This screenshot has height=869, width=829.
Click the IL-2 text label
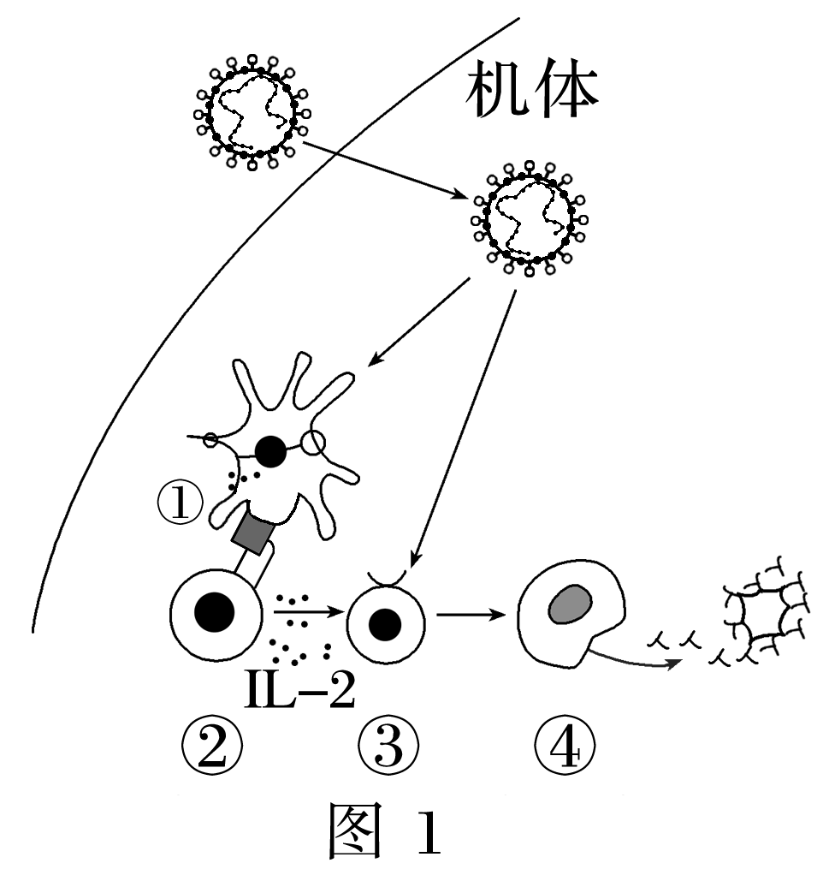click(299, 692)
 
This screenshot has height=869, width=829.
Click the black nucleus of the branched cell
click(271, 451)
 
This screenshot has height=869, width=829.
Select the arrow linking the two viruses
click(385, 171)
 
